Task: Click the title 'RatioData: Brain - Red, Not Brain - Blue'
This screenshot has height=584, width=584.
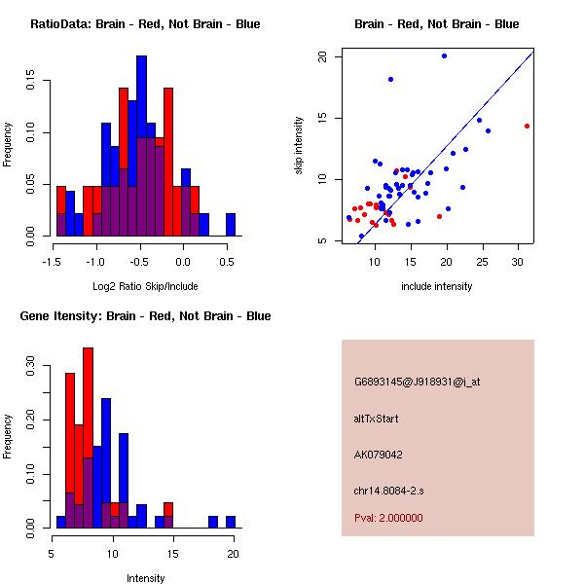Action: pos(145,23)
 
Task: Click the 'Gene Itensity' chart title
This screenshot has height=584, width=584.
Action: pos(145,315)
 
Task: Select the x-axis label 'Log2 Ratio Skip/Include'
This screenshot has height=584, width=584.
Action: pos(145,286)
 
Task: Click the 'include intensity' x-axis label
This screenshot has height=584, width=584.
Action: pos(437,286)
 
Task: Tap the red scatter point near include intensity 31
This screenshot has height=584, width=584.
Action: pos(527,126)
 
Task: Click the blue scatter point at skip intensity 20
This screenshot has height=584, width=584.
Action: pos(444,55)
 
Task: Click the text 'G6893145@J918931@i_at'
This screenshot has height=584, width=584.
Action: pos(417,382)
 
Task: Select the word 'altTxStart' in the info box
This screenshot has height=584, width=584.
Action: pos(377,419)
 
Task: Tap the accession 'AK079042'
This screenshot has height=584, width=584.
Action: pos(379,454)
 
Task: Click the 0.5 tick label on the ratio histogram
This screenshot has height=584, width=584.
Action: pos(226,262)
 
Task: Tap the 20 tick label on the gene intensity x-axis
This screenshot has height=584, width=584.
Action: pos(233,554)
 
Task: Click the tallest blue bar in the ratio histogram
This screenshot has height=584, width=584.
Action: pos(141,146)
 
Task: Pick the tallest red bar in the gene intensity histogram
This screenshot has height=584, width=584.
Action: pos(88,438)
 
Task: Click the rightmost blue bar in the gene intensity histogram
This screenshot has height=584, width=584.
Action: pos(230,522)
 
